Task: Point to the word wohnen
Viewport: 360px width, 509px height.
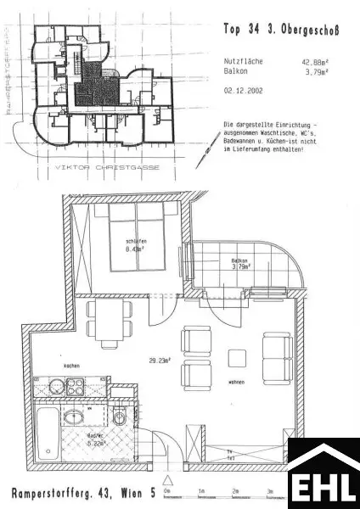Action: pos(237,382)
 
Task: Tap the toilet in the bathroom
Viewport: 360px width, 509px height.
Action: pos(121,417)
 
